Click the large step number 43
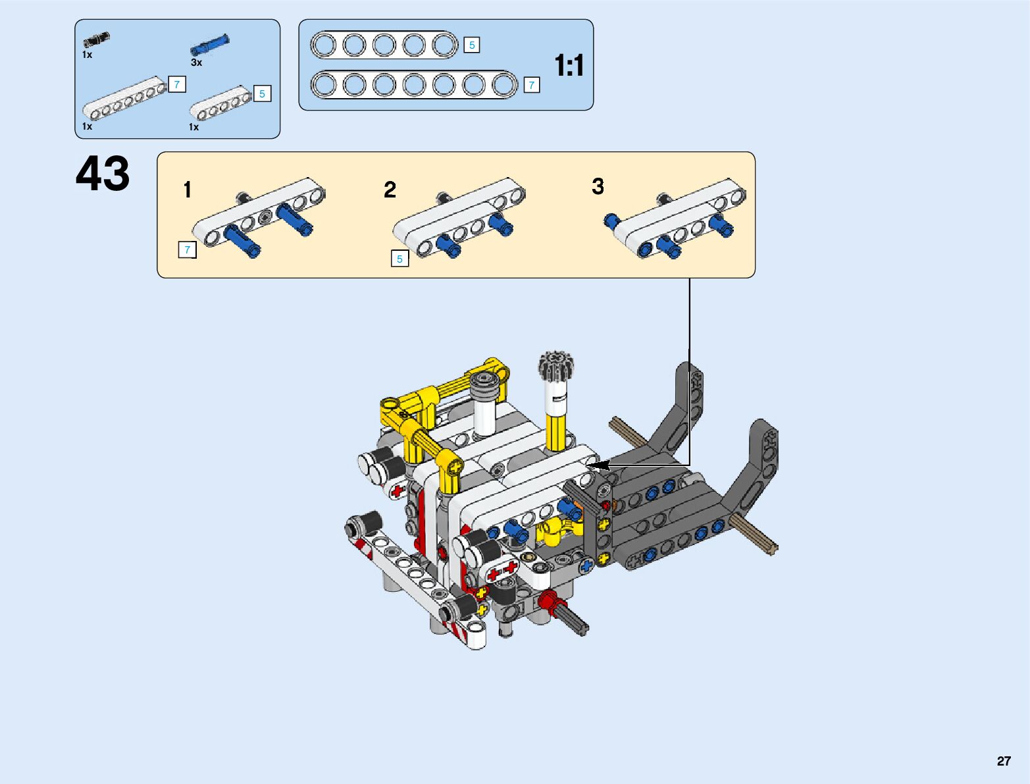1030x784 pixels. pos(103,174)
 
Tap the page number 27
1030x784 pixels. pos(1003,761)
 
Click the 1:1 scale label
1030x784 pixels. pos(569,66)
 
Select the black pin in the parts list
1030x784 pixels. pos(96,39)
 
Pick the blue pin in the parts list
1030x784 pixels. pos(210,45)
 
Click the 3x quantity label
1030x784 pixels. pos(196,63)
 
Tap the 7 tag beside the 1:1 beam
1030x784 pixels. pos(532,85)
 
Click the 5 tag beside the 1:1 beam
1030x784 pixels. pos(472,45)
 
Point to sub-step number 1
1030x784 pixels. pos(188,190)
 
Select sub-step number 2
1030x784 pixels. pos(390,190)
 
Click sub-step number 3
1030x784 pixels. pos(598,186)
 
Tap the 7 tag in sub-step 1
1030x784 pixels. pos(188,250)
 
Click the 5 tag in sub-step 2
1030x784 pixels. pos(399,259)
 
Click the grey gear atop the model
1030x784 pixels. pos(557,365)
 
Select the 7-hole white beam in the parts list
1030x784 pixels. pos(124,99)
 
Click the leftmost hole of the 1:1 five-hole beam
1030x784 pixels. pos(324,45)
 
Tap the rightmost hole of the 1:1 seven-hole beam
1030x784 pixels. pos(504,85)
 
